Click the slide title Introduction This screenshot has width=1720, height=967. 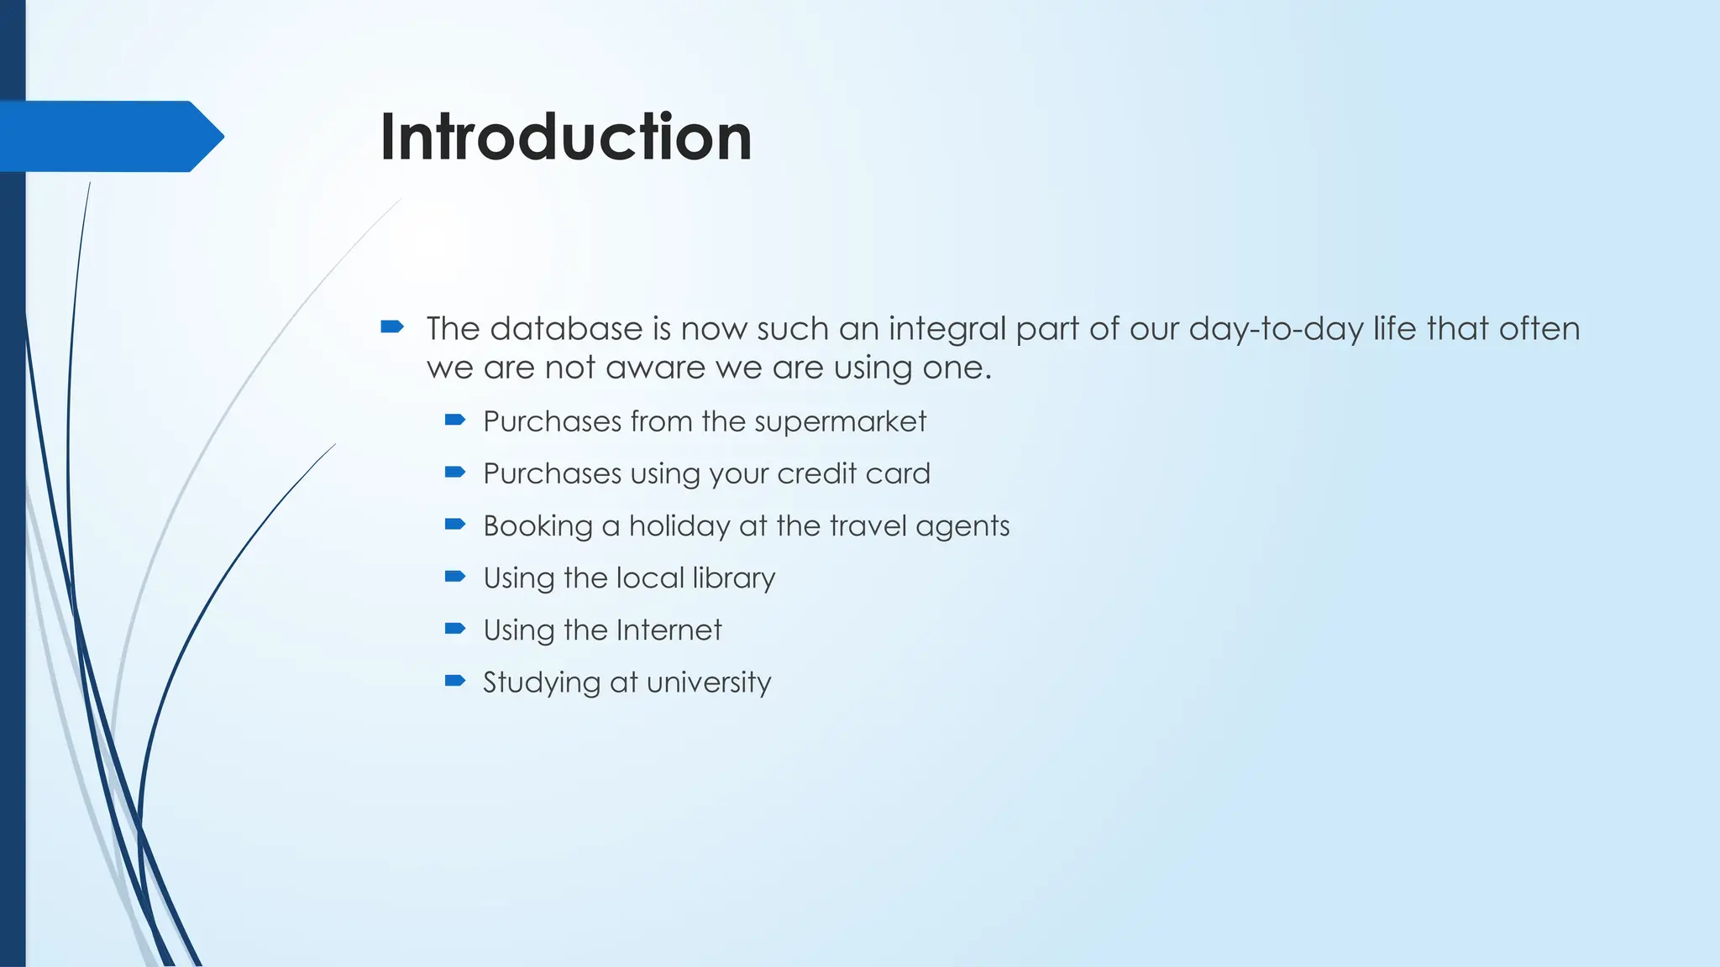[x=565, y=137]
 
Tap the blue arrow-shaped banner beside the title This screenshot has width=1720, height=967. [x=109, y=136]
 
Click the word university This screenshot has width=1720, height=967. [x=709, y=682]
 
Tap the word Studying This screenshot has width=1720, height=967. [x=542, y=683]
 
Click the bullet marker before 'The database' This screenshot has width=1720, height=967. [x=392, y=327]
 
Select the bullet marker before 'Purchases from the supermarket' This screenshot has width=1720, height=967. [x=455, y=420]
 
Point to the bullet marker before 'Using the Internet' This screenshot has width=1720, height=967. [x=455, y=629]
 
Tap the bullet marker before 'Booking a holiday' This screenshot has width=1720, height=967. [x=455, y=525]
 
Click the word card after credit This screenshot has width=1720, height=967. [x=898, y=473]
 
